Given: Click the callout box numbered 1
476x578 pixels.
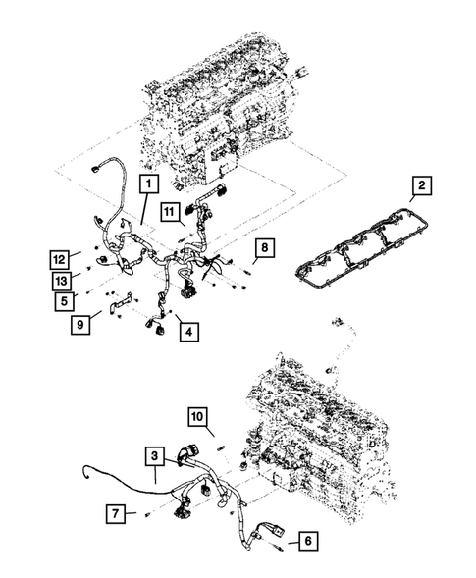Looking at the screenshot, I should [148, 184].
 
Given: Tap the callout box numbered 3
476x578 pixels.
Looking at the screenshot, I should [155, 455].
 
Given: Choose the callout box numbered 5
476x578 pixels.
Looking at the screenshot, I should [62, 300].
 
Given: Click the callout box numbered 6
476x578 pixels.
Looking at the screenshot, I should [306, 539].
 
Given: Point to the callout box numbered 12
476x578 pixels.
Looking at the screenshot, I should [62, 259].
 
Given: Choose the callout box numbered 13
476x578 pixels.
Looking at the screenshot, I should [62, 281].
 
